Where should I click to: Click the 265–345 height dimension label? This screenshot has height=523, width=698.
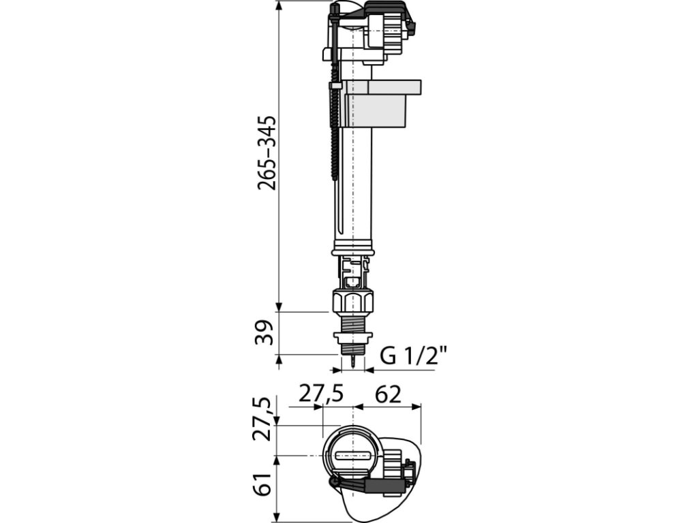click(x=268, y=153)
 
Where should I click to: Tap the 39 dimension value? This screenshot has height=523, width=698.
click(x=268, y=332)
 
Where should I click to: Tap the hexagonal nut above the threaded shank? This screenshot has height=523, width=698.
click(x=352, y=301)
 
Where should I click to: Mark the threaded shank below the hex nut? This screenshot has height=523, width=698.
click(x=352, y=323)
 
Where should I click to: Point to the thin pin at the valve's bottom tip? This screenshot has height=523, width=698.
click(x=352, y=362)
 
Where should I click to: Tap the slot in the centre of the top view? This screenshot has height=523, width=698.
click(x=352, y=454)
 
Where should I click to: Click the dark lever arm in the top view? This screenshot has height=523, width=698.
click(x=371, y=486)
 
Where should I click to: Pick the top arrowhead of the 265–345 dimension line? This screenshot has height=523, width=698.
click(x=279, y=5)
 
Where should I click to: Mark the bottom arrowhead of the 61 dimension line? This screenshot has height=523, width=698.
click(x=279, y=518)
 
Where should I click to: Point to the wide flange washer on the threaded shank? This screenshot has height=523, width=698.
click(x=352, y=336)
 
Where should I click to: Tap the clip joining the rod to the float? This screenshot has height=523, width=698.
click(x=336, y=89)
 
